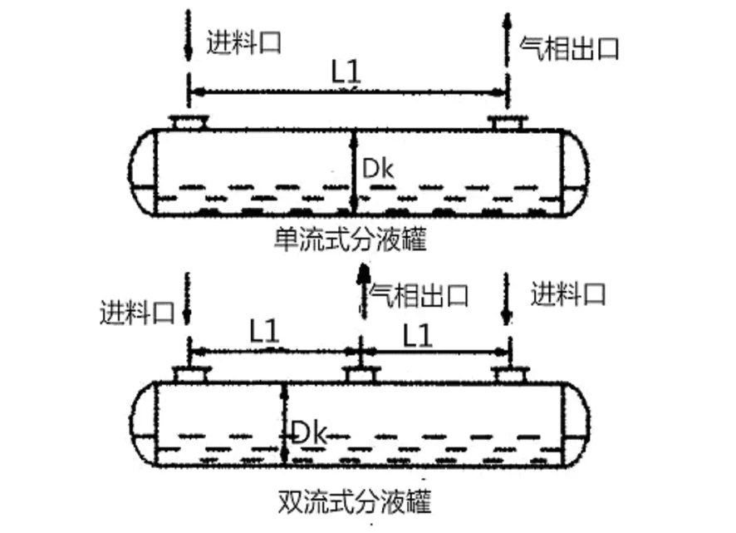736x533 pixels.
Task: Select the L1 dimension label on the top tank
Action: [348, 72]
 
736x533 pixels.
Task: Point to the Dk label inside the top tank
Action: [378, 169]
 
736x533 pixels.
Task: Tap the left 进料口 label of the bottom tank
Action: [136, 314]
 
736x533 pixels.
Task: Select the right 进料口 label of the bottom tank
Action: [568, 294]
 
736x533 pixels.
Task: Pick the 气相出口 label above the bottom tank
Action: [420, 294]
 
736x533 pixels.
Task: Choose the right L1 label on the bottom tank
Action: [418, 335]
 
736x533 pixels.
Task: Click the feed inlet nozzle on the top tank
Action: [189, 124]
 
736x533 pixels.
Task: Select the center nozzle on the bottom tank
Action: [360, 376]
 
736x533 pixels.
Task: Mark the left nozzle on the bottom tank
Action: [189, 376]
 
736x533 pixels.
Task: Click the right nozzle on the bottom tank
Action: [508, 376]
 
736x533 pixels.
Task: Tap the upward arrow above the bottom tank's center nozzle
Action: [361, 291]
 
